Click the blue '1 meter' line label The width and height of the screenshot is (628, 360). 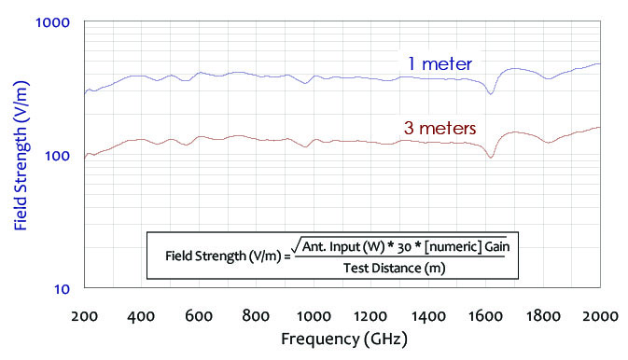(439, 63)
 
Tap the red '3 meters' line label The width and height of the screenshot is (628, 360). (439, 127)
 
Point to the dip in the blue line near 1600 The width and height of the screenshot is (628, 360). (491, 93)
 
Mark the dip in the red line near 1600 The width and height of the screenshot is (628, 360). (491, 157)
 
